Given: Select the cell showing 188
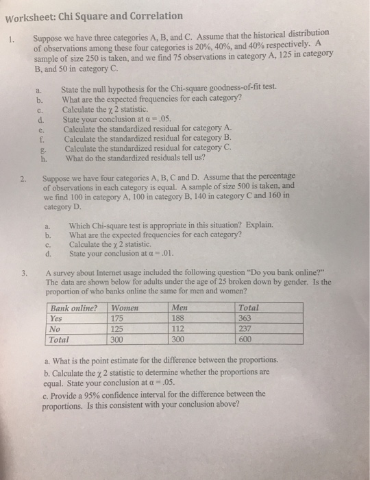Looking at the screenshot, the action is (x=177, y=318).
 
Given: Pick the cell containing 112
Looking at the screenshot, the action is (x=177, y=328).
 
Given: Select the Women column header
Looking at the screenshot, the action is (x=126, y=308).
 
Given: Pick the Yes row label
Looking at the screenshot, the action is (x=58, y=318).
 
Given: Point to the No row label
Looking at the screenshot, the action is (x=56, y=328).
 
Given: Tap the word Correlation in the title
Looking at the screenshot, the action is (x=153, y=15).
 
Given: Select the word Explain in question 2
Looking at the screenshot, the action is (x=257, y=224).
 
